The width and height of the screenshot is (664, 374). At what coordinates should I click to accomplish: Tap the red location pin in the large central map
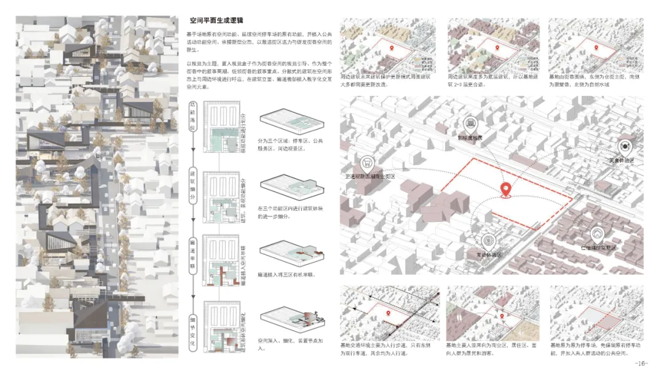506,190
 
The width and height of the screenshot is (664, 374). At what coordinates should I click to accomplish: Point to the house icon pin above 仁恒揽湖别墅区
596,234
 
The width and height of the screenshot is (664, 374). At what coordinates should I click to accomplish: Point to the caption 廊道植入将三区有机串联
287,275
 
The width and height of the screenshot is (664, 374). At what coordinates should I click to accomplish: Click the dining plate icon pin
625,146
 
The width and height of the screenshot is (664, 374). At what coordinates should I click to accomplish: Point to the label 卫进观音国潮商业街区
370,176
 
